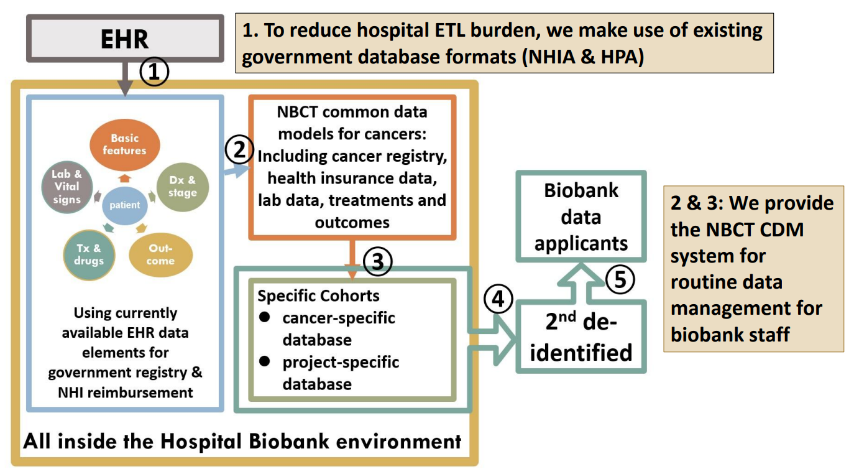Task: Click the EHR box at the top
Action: (x=124, y=39)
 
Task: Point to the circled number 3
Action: (x=378, y=263)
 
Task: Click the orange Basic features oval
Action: (x=125, y=144)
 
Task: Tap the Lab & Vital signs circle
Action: (x=67, y=187)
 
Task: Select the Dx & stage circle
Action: (x=183, y=187)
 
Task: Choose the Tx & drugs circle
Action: (x=89, y=254)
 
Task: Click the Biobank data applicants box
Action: (x=581, y=216)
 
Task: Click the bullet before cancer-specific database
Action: (x=265, y=317)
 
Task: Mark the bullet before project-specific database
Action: (x=265, y=361)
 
